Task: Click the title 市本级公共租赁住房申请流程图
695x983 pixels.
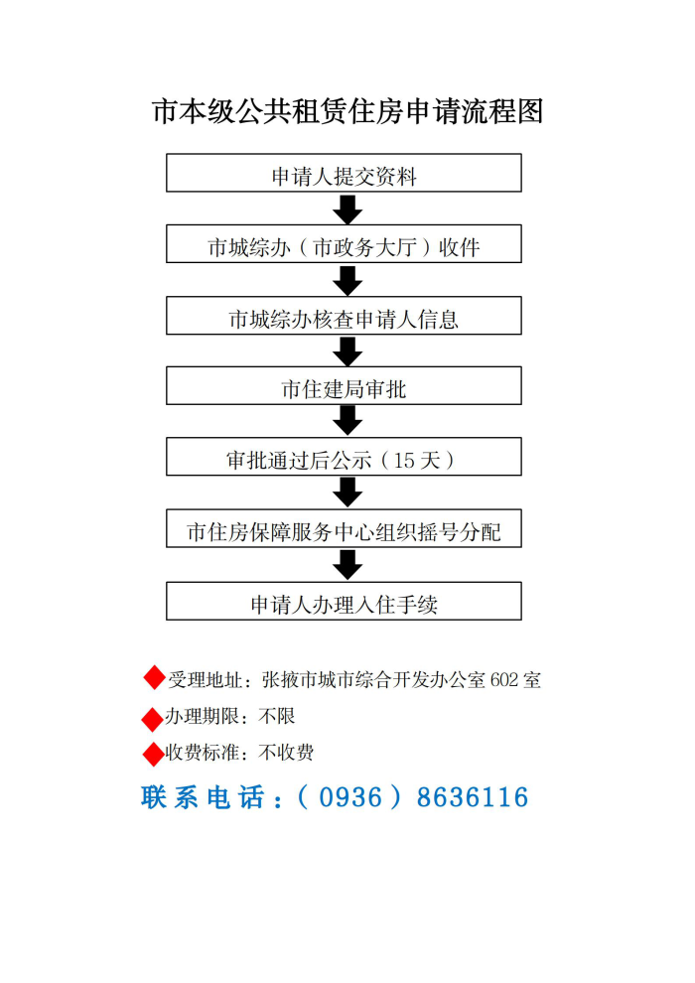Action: [347, 111]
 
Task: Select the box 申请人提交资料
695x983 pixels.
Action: [344, 173]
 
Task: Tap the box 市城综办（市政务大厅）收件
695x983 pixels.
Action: [344, 244]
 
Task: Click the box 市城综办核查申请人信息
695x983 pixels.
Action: [344, 316]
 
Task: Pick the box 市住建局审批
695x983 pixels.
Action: [344, 385]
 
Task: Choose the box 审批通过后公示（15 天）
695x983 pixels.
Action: [344, 457]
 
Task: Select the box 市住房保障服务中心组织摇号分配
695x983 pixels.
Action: [344, 528]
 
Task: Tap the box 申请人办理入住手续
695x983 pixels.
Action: [344, 601]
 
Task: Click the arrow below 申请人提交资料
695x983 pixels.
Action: [347, 210]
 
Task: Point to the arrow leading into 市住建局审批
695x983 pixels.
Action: [347, 351]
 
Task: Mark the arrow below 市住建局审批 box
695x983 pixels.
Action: [347, 421]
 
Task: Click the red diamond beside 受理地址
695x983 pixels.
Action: [154, 678]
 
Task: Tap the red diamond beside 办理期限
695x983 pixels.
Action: [153, 719]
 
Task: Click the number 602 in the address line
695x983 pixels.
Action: [504, 680]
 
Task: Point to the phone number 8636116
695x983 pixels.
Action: [473, 797]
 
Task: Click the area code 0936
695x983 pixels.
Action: [350, 797]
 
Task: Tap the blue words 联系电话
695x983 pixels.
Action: [204, 797]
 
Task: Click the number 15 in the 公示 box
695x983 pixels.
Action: [403, 460]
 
